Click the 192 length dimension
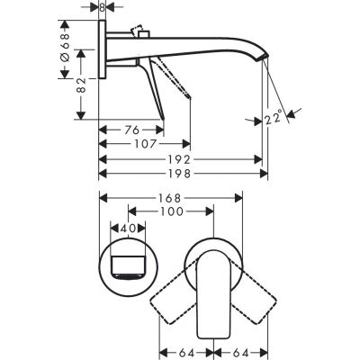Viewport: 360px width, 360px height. pyautogui.click(x=181, y=158)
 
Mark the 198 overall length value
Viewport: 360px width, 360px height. pyautogui.click(x=181, y=173)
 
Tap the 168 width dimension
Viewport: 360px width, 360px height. pyautogui.click(x=172, y=198)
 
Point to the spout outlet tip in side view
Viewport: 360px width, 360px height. pyautogui.click(x=263, y=61)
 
